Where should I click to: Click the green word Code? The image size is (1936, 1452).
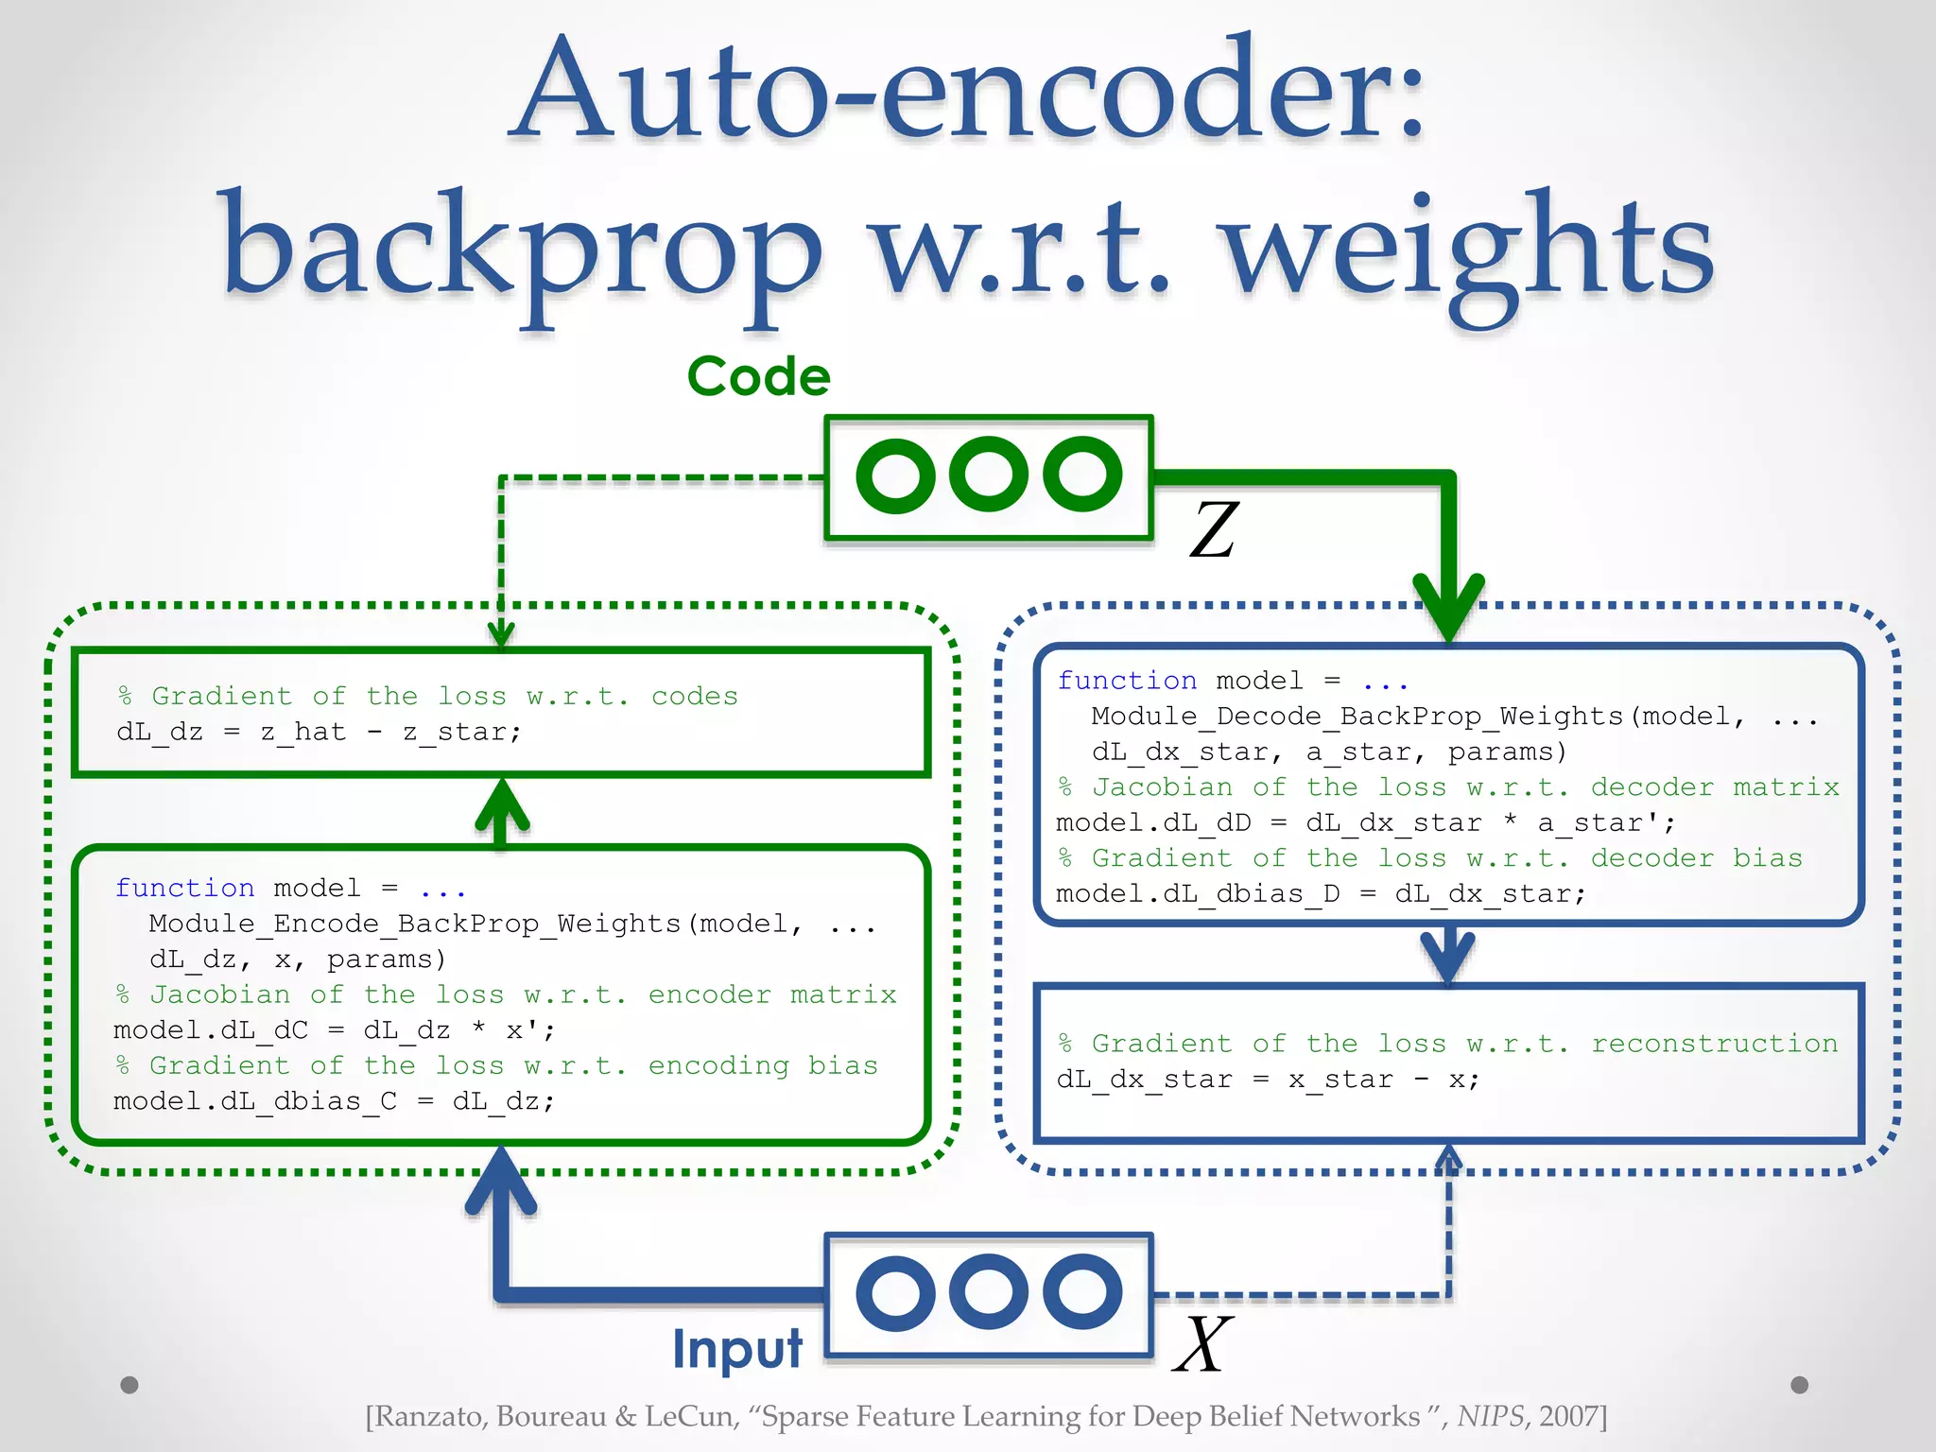pyautogui.click(x=758, y=376)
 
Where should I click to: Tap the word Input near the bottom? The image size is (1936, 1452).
pyautogui.click(x=737, y=1349)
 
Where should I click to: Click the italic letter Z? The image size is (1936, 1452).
pyautogui.click(x=1214, y=530)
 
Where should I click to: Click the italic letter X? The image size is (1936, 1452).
pyautogui.click(x=1202, y=1344)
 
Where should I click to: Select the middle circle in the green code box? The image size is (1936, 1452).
pyautogui.click(x=989, y=475)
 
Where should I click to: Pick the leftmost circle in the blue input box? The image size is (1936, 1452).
pyautogui.click(x=894, y=1293)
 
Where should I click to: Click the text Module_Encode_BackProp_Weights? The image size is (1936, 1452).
pyautogui.click(x=415, y=924)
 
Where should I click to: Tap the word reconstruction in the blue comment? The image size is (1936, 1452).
pyautogui.click(x=1714, y=1044)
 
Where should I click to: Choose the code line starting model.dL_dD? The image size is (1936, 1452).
pyautogui.click(x=1365, y=823)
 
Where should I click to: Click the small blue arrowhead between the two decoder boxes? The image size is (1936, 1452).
pyautogui.click(x=1448, y=957)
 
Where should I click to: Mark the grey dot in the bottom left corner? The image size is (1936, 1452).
pyautogui.click(x=130, y=1385)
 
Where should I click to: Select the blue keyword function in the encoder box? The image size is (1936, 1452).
pyautogui.click(x=184, y=888)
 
